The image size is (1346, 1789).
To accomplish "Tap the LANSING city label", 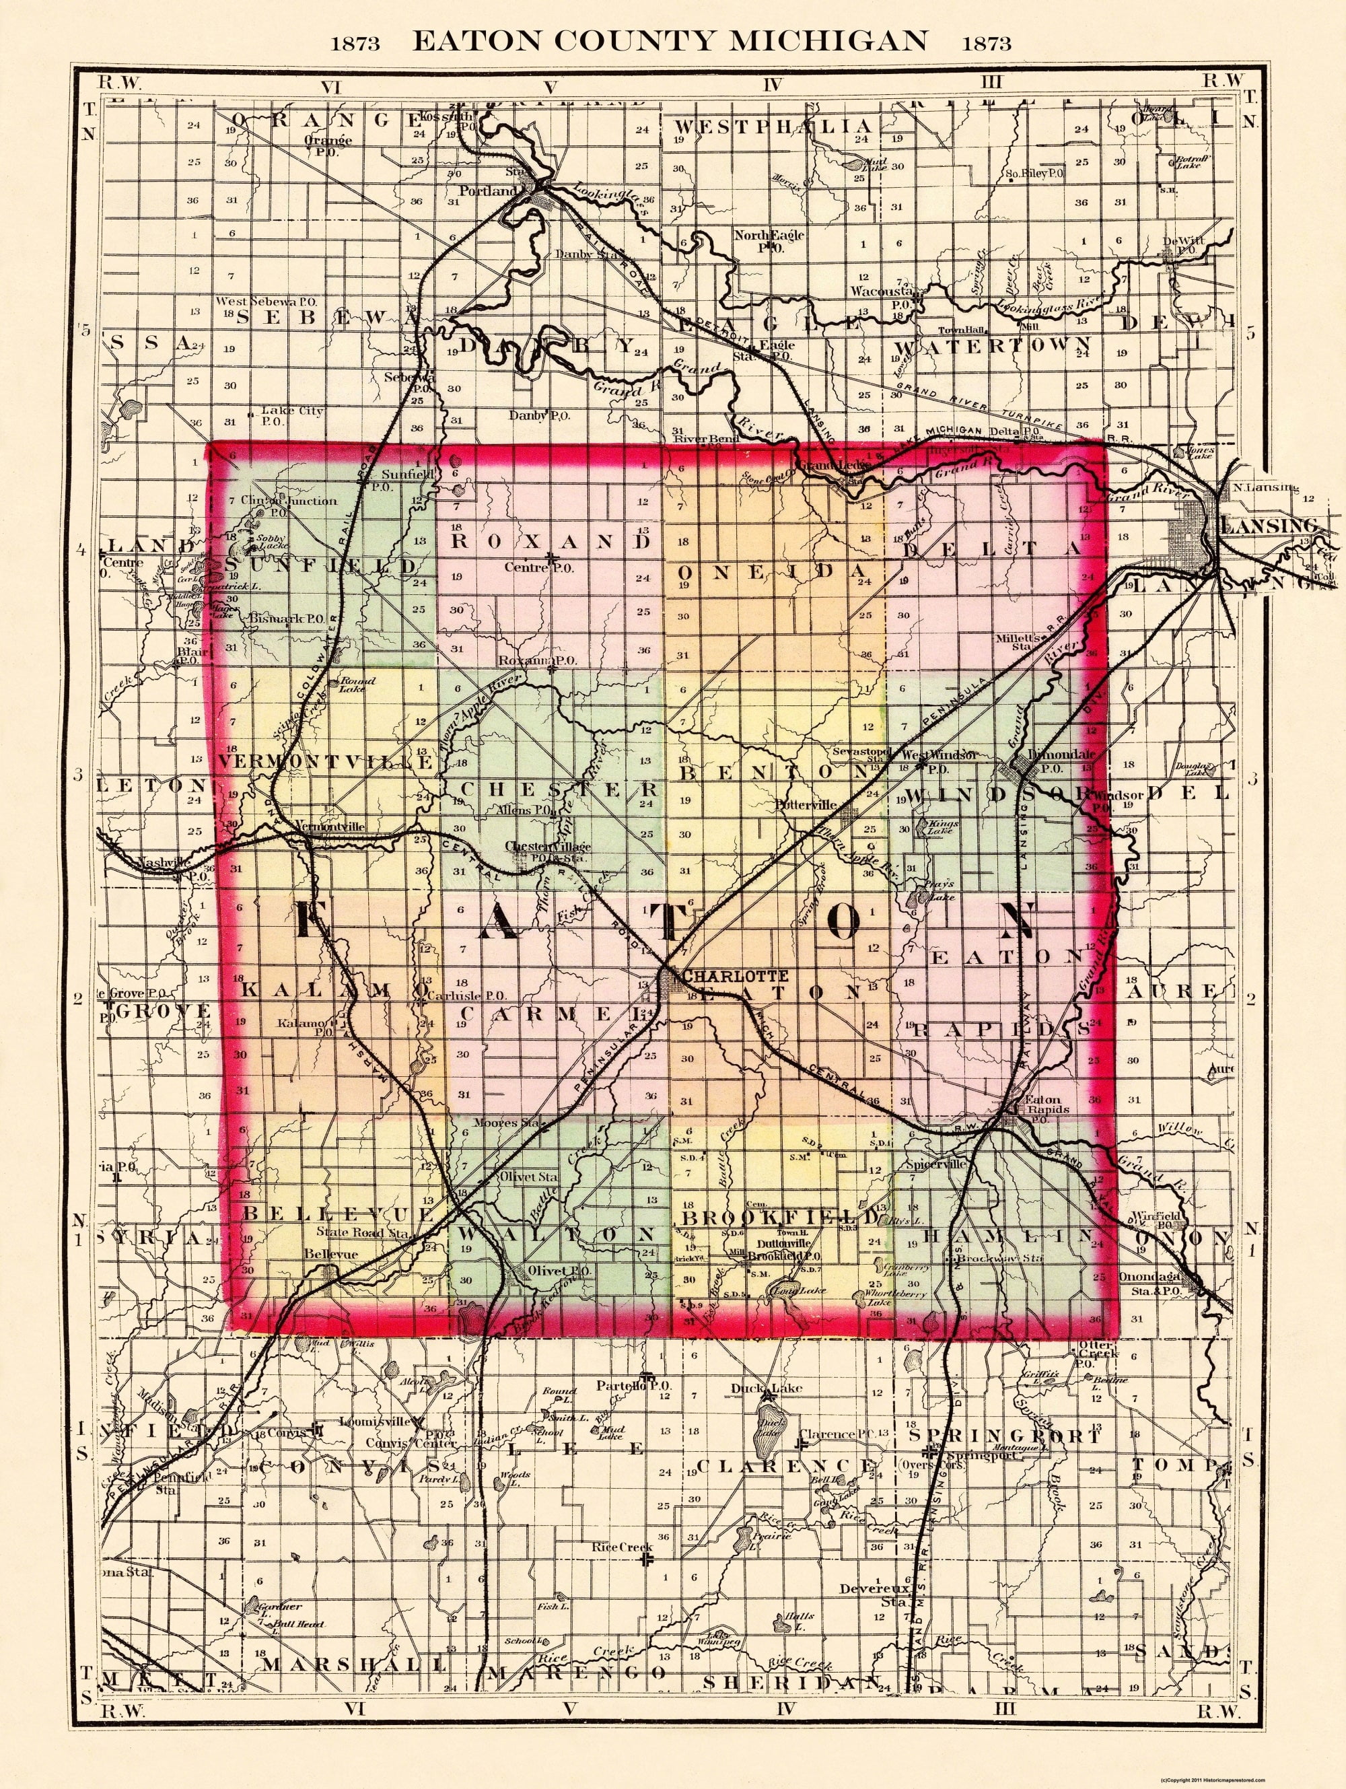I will pos(1273,526).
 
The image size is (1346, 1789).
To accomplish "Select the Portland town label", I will pos(487,192).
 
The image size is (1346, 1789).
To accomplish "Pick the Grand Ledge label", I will pos(833,466).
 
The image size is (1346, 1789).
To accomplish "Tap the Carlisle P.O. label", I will pos(467,995).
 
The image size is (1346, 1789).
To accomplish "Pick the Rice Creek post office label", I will pos(621,1547).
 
